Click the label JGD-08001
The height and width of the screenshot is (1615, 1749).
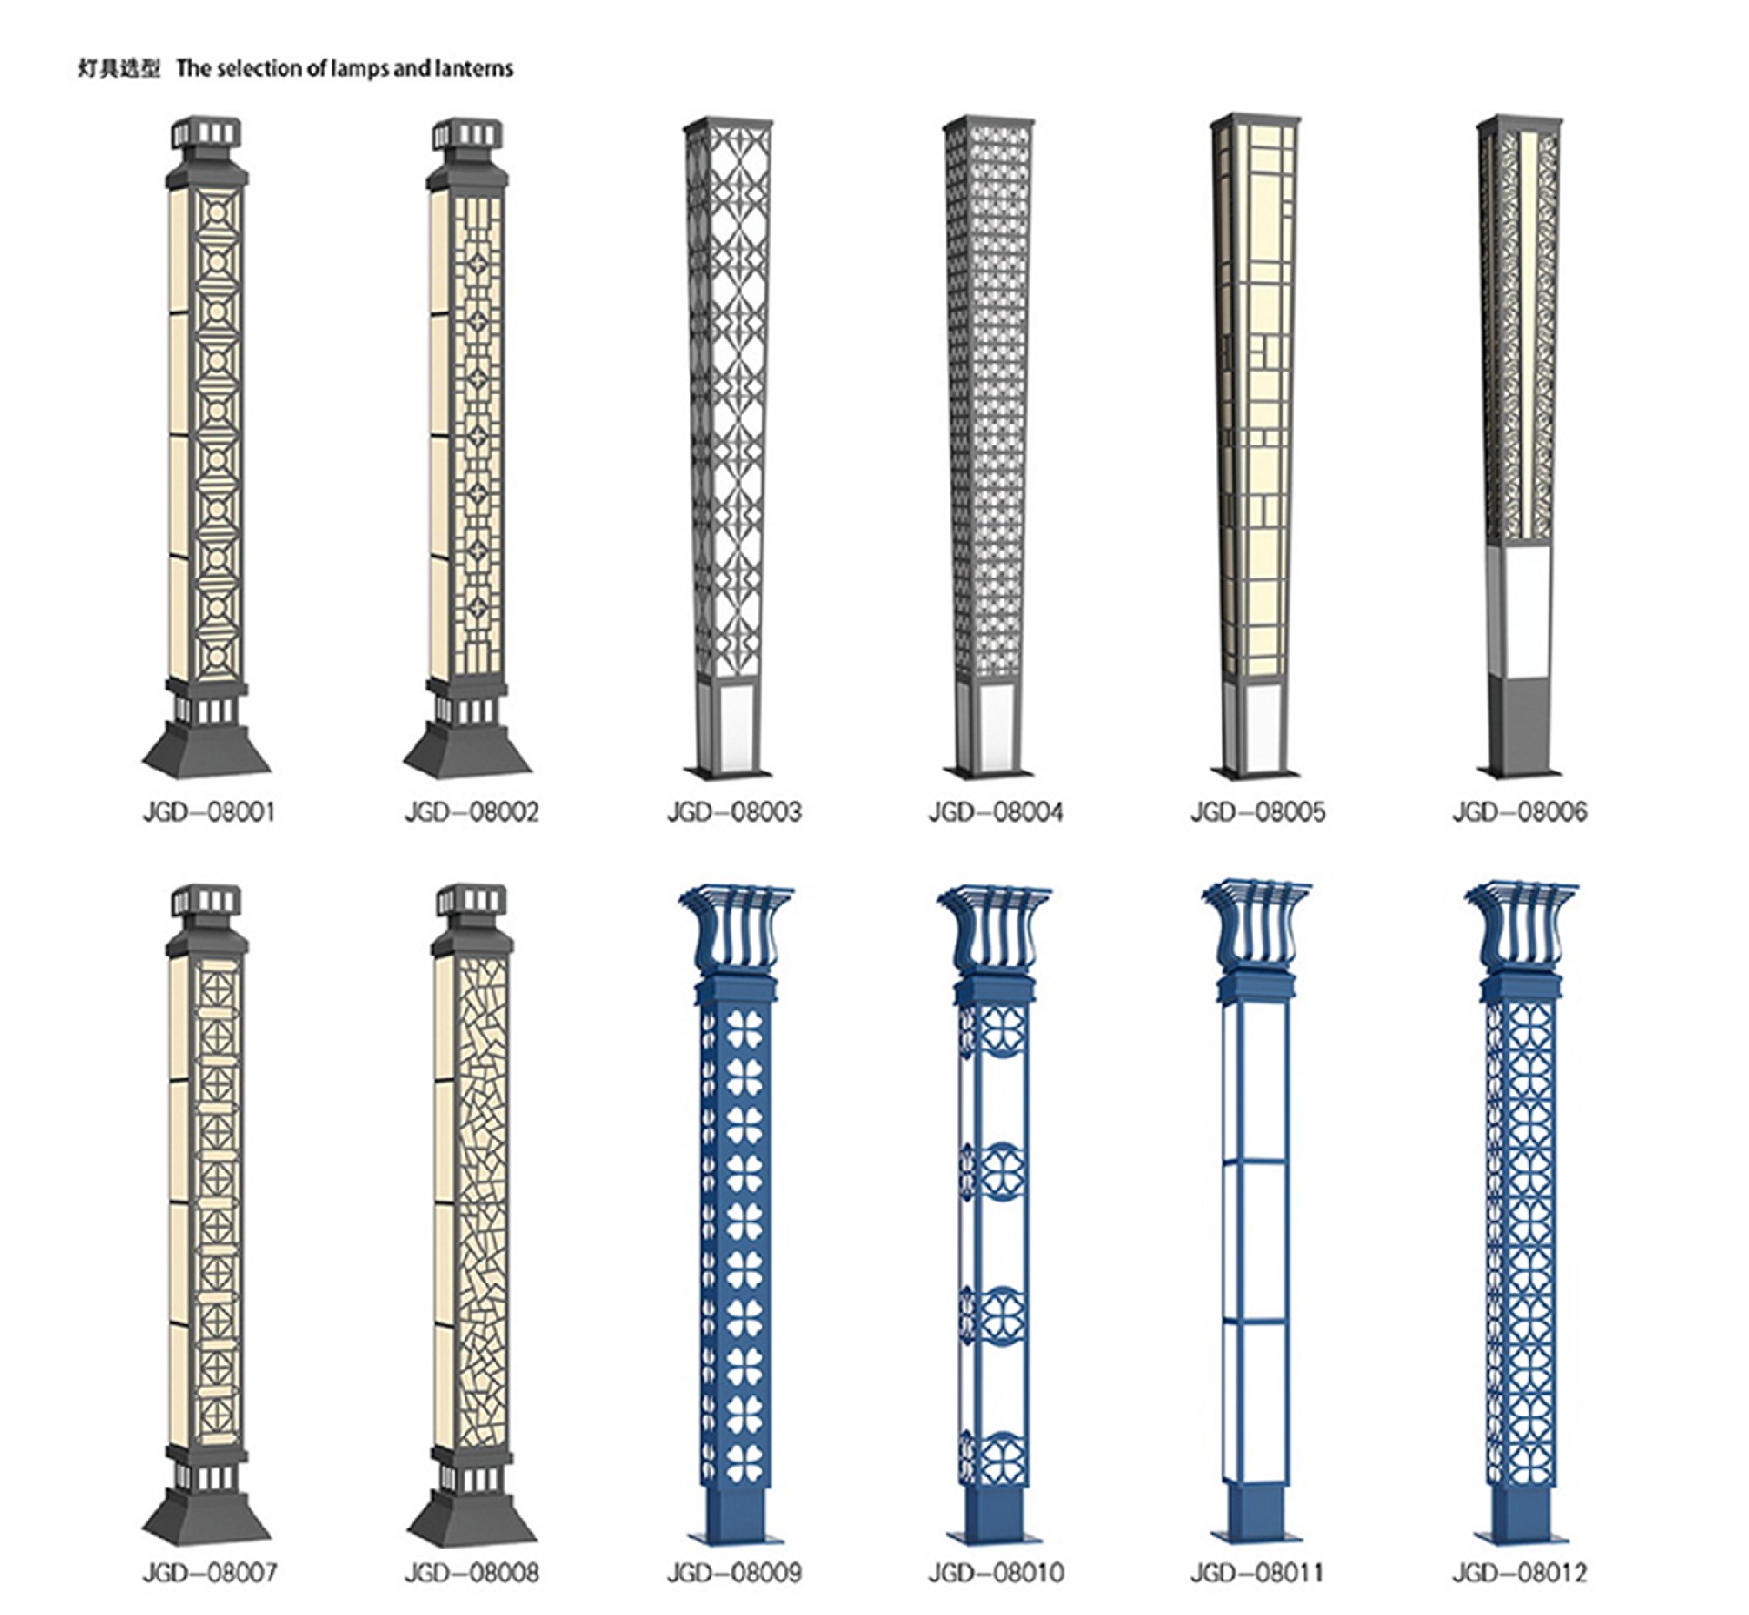(209, 811)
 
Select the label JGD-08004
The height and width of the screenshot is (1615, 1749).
(996, 811)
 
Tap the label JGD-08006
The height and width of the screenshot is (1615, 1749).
(1519, 811)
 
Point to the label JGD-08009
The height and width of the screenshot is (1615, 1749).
(734, 1572)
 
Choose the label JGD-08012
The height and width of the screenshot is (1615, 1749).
(1519, 1572)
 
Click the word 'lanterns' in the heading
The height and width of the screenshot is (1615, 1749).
(473, 68)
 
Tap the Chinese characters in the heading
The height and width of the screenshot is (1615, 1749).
(118, 68)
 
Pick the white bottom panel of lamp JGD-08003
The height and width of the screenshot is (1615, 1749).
(734, 724)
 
